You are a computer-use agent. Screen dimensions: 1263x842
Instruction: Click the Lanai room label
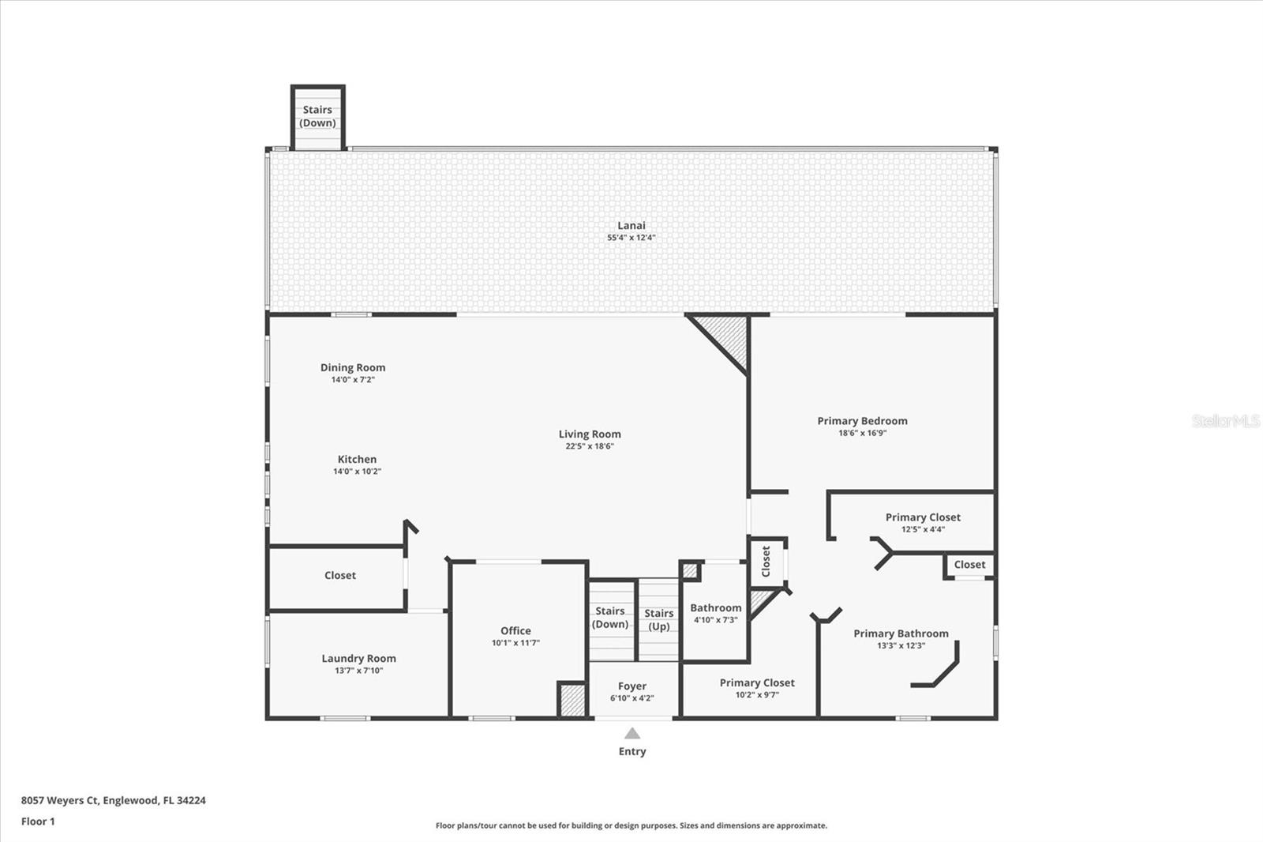[x=631, y=225]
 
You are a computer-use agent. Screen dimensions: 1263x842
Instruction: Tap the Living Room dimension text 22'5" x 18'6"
[x=589, y=445]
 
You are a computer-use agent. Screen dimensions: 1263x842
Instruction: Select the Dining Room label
[x=353, y=367]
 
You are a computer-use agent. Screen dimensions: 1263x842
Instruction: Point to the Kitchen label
[x=357, y=460]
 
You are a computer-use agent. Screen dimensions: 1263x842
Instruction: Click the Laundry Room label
[x=358, y=658]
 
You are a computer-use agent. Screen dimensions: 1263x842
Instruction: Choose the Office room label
[x=515, y=630]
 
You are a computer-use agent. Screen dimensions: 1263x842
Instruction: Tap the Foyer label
[x=631, y=686]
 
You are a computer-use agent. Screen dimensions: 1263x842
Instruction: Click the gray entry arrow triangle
[x=632, y=733]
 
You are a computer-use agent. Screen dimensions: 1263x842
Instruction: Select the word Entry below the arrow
[x=632, y=751]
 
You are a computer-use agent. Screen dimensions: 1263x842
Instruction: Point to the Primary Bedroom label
[x=862, y=421]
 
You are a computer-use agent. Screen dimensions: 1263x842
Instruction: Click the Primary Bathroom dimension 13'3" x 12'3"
[x=901, y=645]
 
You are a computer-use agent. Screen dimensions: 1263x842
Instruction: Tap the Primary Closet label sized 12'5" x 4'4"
[x=923, y=517]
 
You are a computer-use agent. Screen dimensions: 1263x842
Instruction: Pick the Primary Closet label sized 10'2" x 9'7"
[x=757, y=683]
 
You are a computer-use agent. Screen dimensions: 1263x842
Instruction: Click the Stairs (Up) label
[x=658, y=619]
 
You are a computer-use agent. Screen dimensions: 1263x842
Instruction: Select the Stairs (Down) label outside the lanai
[x=317, y=116]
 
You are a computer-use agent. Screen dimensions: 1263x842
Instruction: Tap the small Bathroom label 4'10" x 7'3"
[x=715, y=607]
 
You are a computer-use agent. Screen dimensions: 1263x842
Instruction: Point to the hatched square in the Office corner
[x=572, y=701]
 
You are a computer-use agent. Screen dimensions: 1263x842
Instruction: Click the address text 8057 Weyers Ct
[x=60, y=800]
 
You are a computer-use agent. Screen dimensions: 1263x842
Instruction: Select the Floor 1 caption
[x=38, y=821]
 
